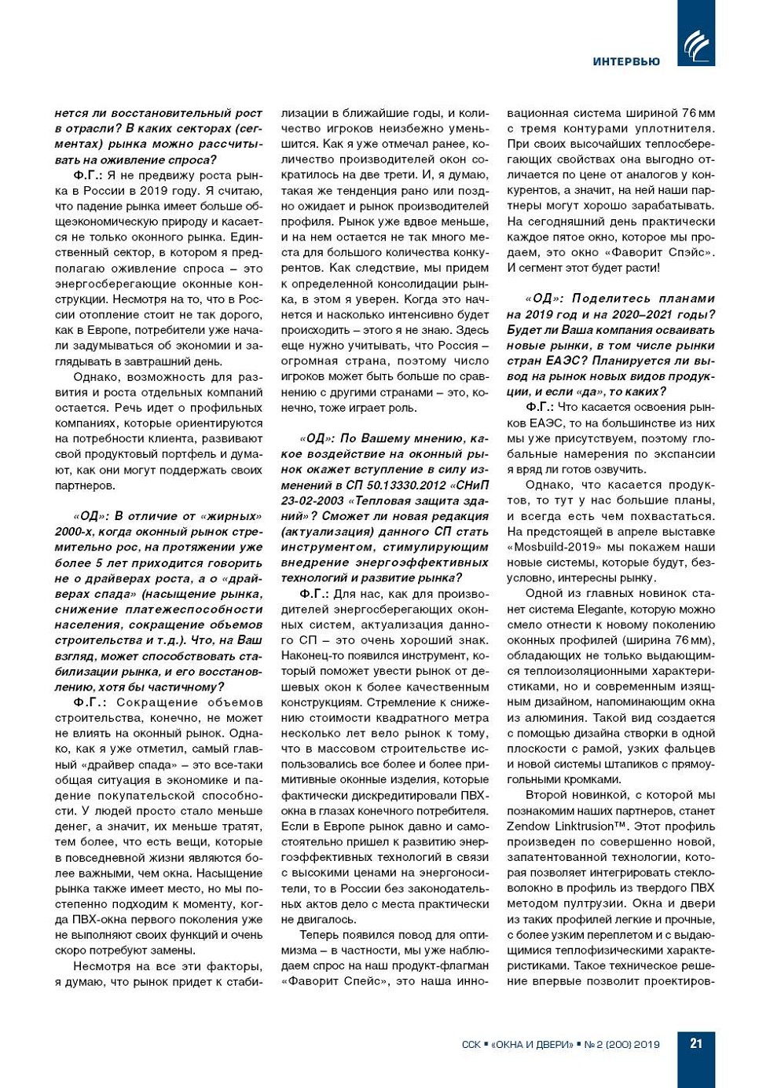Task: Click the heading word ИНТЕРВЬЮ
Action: click(626, 61)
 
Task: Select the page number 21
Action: click(696, 1043)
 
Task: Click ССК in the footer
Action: click(471, 1044)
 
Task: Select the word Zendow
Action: click(528, 826)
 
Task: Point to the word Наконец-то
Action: click(313, 655)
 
